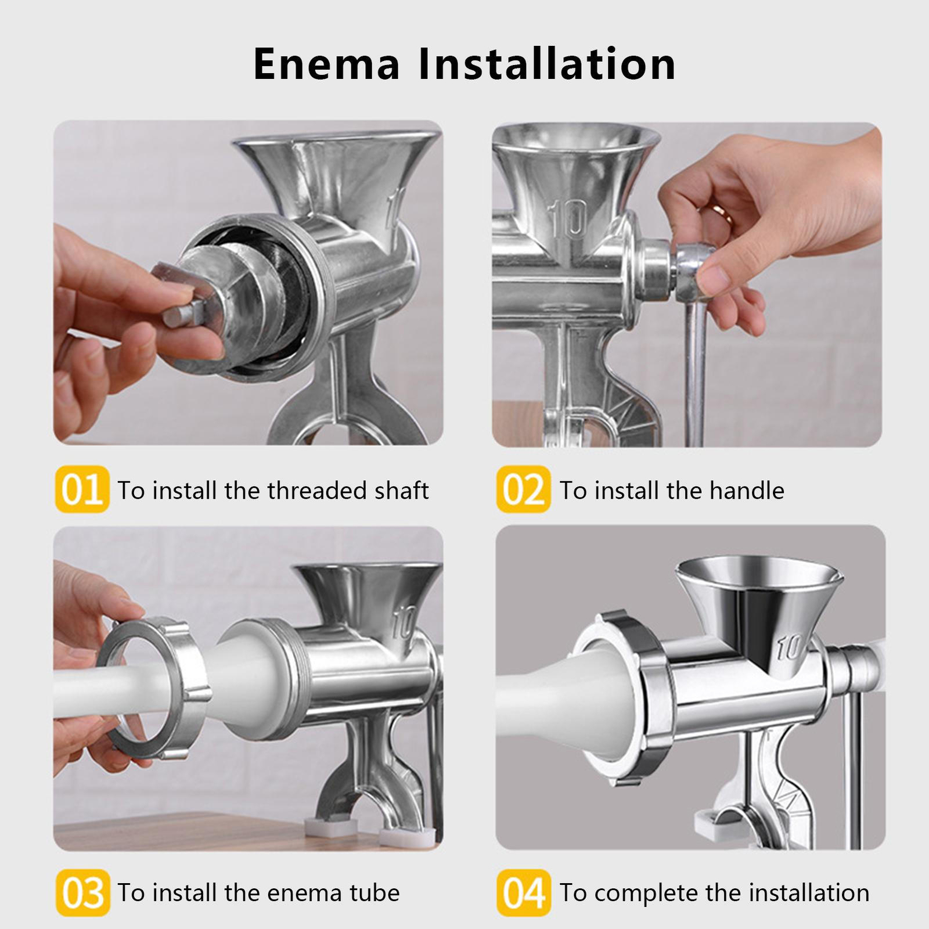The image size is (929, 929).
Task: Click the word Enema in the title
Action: click(x=327, y=63)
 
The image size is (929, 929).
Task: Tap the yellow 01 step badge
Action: click(x=82, y=489)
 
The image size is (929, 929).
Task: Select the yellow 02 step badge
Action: click(x=523, y=489)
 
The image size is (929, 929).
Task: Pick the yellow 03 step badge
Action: click(x=82, y=892)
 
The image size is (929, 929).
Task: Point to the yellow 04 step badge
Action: click(x=523, y=892)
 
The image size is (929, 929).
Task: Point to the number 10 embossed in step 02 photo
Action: click(x=568, y=219)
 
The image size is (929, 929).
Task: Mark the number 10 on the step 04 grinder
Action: click(x=791, y=647)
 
